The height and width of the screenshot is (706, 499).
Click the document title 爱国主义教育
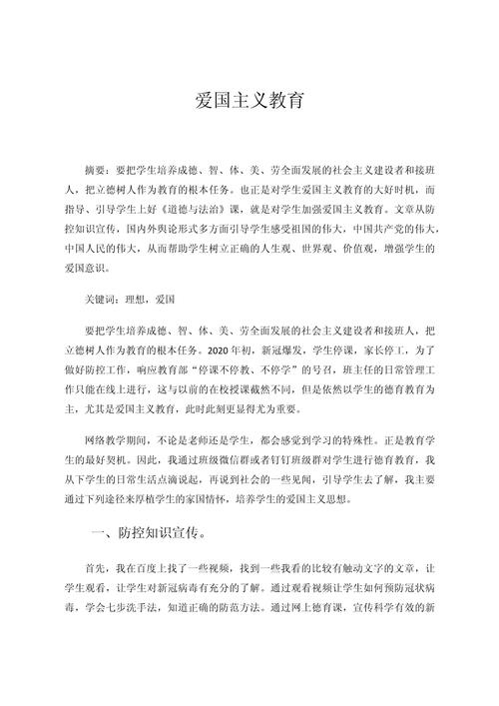click(249, 102)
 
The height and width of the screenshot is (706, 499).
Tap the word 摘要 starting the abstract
click(97, 171)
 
